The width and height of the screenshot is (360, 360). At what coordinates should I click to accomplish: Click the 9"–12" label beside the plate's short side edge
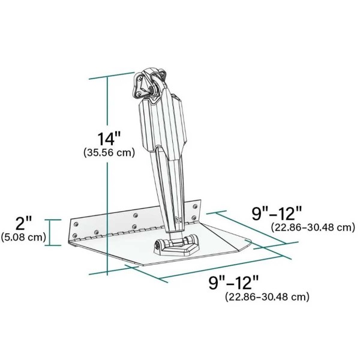tap(277, 213)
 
